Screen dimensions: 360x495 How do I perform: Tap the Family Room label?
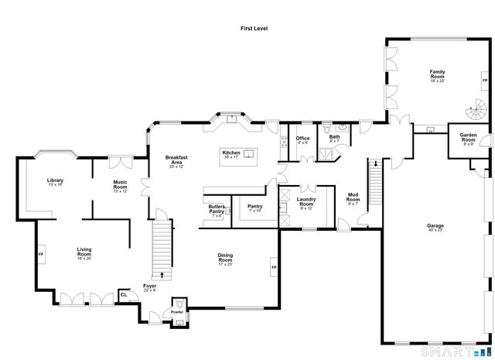tap(438, 75)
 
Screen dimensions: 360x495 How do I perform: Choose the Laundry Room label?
tap(306, 203)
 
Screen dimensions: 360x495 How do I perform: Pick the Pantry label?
tap(254, 207)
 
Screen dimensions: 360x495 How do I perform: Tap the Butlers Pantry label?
tap(216, 211)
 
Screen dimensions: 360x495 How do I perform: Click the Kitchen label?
tap(231, 153)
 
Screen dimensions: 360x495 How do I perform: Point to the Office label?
tap(302, 139)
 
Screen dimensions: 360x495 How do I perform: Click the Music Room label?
tap(120, 186)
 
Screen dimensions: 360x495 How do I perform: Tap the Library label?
tap(55, 182)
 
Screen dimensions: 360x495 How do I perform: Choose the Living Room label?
tap(84, 252)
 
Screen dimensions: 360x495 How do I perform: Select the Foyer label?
tap(149, 288)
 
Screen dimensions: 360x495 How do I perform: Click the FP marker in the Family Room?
tap(485, 81)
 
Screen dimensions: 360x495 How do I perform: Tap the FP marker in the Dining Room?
tap(274, 268)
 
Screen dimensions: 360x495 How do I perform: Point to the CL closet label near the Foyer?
tap(124, 294)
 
